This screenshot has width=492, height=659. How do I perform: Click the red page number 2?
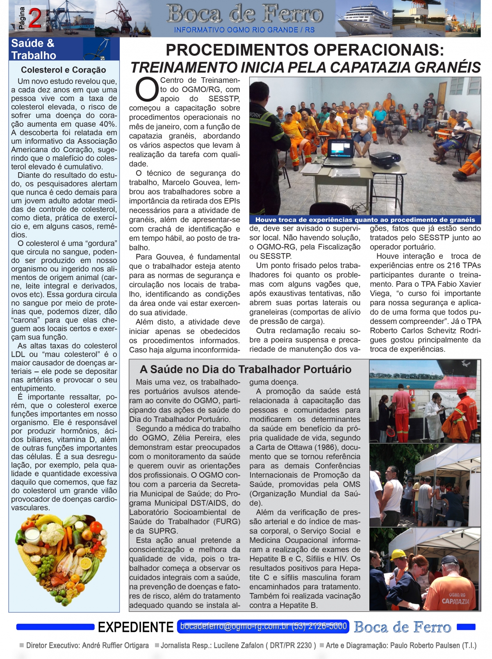[x=35, y=18]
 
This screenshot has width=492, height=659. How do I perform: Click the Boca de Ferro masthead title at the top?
[x=245, y=14]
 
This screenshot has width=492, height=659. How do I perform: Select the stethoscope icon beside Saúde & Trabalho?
[x=98, y=49]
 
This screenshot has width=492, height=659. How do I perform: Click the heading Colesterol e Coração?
[x=64, y=70]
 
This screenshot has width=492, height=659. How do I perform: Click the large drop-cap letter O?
[x=144, y=90]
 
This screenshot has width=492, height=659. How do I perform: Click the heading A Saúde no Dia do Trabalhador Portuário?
[x=245, y=369]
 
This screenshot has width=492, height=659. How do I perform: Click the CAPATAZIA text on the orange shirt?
[x=455, y=601]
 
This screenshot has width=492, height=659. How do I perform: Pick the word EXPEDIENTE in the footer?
[x=135, y=627]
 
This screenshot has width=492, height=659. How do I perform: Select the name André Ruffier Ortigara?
[x=115, y=645]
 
